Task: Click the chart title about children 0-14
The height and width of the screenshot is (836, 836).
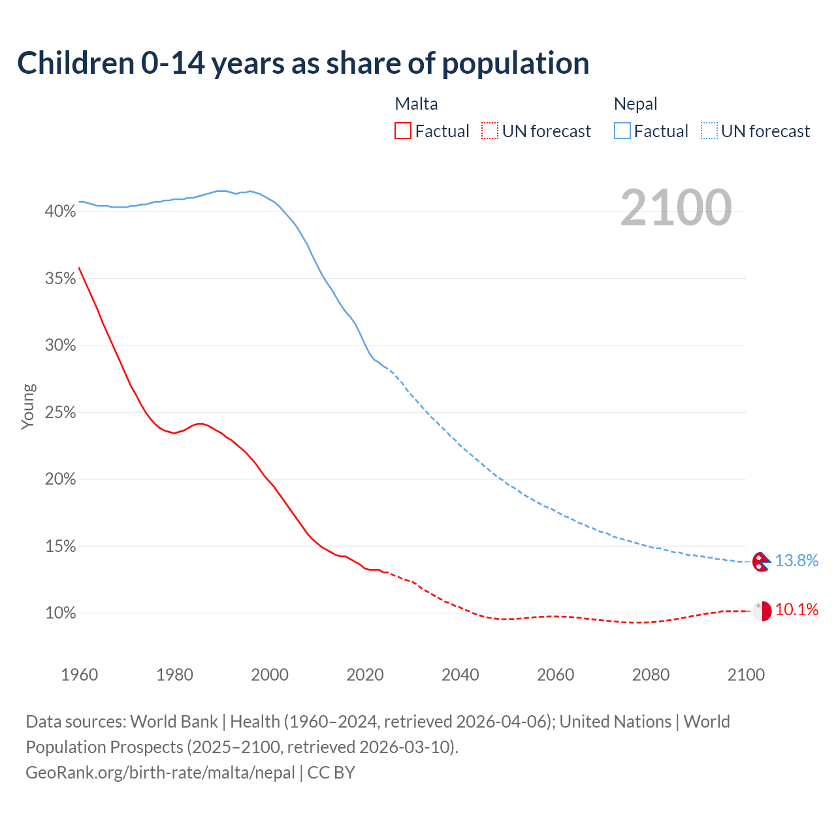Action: [x=303, y=63]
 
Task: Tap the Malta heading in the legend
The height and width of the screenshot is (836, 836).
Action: [x=416, y=104]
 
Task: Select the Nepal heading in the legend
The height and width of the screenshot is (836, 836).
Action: [x=635, y=104]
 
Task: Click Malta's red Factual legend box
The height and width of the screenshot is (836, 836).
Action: [x=403, y=131]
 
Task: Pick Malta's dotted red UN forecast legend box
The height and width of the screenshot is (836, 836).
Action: [x=490, y=131]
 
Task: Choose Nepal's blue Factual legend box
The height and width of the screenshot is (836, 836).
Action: [x=622, y=131]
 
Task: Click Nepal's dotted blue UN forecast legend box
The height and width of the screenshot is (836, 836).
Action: [x=709, y=131]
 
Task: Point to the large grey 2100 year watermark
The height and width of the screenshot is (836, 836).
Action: [x=675, y=208]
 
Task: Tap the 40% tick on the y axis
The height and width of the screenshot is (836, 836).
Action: [x=60, y=212]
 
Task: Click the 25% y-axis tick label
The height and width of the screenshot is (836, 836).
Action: [x=60, y=413]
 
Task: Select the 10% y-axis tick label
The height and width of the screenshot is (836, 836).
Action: [x=60, y=613]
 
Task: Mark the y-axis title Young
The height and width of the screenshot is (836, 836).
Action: [x=28, y=406]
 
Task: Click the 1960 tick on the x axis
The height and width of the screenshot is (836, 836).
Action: [x=79, y=675]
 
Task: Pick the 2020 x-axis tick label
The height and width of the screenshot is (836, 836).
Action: [x=364, y=675]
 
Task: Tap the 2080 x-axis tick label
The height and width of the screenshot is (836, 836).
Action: [x=651, y=675]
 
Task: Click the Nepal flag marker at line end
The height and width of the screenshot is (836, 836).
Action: [x=762, y=562]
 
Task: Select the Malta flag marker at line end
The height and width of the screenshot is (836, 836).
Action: [x=762, y=611]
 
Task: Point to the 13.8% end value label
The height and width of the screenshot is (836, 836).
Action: [x=796, y=560]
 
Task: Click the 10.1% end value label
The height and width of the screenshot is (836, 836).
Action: [x=796, y=610]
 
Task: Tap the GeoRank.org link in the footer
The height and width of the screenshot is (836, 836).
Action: [x=160, y=773]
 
